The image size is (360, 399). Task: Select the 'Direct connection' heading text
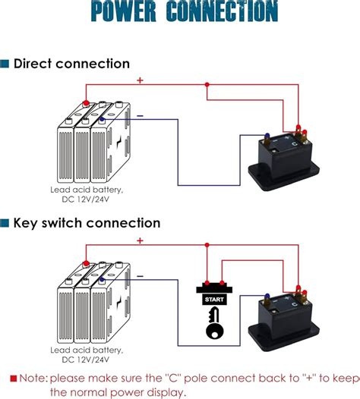coord(72,64)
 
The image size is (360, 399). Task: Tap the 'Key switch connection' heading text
coord(87,223)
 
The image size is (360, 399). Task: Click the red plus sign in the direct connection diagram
coord(140,79)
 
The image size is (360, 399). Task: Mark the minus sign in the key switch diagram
coord(140,275)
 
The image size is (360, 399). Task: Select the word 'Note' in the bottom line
coord(31,378)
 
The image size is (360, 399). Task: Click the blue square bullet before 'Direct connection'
coord(6,64)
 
